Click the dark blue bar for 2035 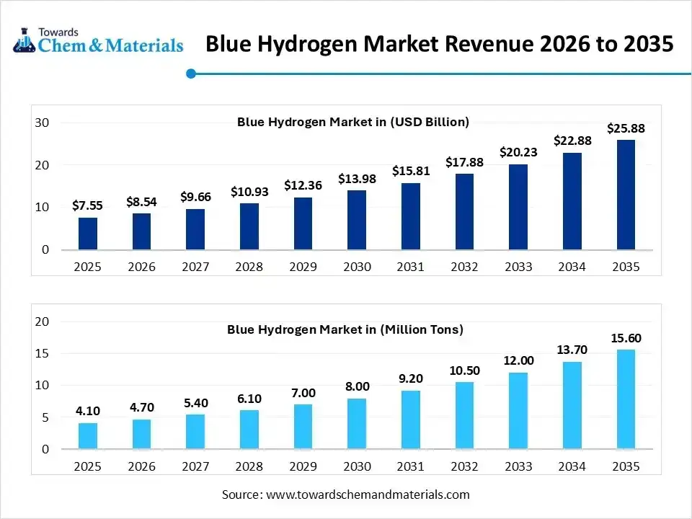click(626, 195)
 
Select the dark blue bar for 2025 click(88, 234)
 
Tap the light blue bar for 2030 click(357, 424)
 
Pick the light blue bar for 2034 click(572, 405)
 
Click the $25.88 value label click(626, 129)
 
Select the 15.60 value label click(626, 338)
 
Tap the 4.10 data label click(88, 411)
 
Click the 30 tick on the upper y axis click(42, 123)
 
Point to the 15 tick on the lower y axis click(42, 353)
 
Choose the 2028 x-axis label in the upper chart click(249, 267)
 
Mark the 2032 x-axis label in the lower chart click(464, 466)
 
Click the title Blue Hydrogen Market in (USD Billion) click(353, 122)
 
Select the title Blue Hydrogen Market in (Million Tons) click(345, 329)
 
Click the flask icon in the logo click(23, 40)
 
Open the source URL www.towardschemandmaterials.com click(368, 494)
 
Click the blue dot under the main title click(191, 74)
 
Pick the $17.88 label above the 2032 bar click(464, 162)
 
